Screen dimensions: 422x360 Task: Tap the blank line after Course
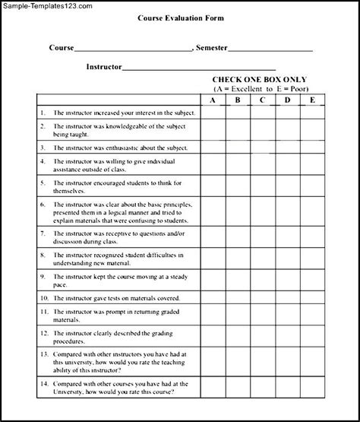133,49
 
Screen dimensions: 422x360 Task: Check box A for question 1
213,113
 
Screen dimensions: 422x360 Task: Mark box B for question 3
238,147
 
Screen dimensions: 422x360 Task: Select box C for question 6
262,214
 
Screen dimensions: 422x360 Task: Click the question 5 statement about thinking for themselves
114,188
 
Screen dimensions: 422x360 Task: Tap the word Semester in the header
211,48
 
